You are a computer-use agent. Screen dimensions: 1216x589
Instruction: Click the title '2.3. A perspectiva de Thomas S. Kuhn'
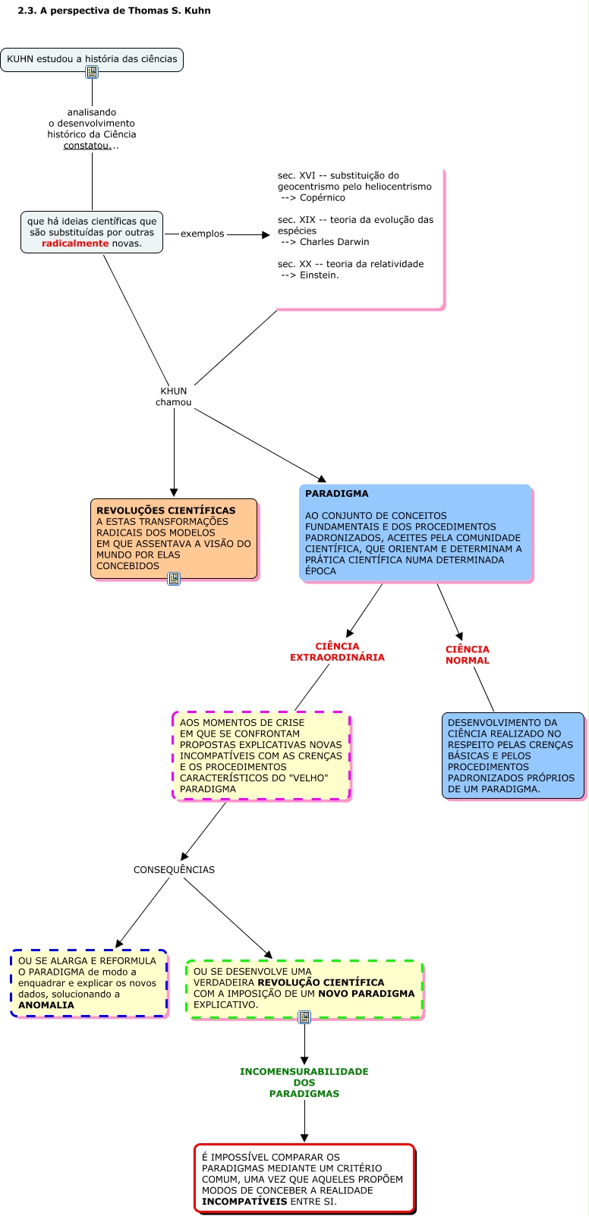point(114,11)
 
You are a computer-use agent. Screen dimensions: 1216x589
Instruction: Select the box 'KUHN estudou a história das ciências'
point(92,59)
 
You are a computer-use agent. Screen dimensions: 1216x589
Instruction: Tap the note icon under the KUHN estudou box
point(92,72)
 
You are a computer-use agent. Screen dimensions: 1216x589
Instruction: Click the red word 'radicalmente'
point(75,244)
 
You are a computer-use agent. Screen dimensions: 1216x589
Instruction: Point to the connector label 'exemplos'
point(202,234)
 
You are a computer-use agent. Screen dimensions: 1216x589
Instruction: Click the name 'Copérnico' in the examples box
point(323,198)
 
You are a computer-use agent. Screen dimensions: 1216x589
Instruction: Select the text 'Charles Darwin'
point(335,242)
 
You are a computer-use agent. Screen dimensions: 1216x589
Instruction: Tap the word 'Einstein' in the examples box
point(319,275)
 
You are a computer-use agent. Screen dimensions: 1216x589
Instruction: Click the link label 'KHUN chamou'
point(174,397)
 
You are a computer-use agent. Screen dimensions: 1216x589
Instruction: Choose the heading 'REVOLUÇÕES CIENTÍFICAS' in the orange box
point(166,511)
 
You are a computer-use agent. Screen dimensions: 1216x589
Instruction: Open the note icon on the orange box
point(174,579)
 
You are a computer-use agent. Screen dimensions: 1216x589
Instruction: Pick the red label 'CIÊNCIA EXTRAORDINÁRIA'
point(337,652)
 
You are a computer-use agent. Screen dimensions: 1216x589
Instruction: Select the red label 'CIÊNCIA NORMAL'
point(468,655)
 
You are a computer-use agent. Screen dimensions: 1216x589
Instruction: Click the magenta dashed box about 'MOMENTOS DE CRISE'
point(261,756)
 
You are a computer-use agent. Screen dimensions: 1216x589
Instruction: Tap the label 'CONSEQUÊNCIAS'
point(174,870)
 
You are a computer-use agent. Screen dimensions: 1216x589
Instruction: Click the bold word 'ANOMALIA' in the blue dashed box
point(46,1005)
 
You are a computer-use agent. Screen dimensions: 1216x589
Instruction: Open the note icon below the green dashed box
point(304,1017)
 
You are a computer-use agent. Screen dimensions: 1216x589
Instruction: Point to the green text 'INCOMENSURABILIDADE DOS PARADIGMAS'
point(304,1082)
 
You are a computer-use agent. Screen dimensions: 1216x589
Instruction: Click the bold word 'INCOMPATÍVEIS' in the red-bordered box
point(244,1202)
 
